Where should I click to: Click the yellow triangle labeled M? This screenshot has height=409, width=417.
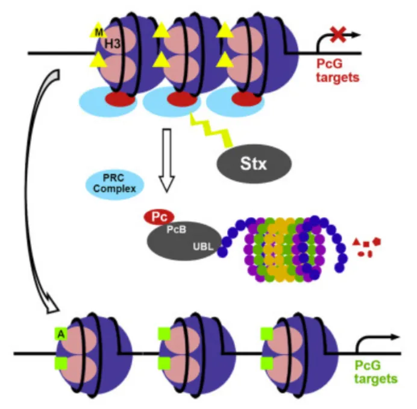98,30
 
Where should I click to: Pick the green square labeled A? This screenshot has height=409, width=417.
61,332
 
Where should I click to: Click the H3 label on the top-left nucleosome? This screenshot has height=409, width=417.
112,43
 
